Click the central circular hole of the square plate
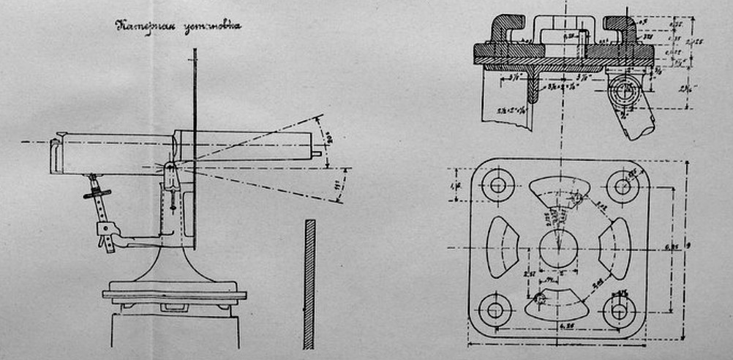click(557, 248)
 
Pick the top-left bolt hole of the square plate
click(497, 185)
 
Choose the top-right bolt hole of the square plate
click(623, 186)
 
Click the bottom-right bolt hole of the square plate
click(619, 310)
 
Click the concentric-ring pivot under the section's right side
click(624, 92)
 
